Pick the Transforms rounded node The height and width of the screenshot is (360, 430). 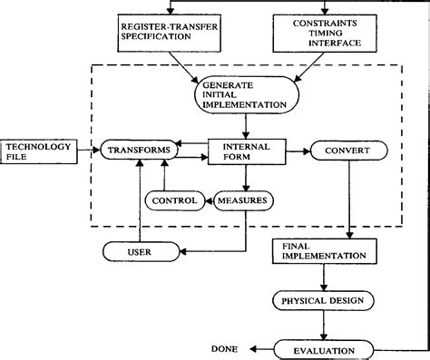click(x=136, y=149)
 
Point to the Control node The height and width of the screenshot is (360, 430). click(x=176, y=200)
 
